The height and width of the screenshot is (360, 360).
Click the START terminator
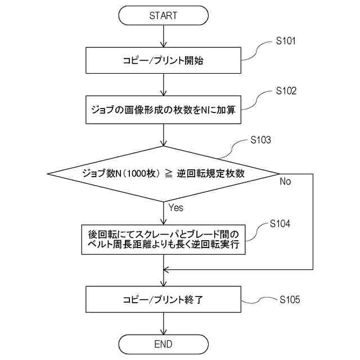tap(163, 15)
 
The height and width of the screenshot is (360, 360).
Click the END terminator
tap(163, 344)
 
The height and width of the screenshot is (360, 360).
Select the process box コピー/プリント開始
tap(163, 61)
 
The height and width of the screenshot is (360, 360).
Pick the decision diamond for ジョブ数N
tap(163, 173)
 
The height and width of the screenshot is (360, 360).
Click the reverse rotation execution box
tap(163, 239)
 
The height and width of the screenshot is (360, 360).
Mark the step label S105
tap(290, 299)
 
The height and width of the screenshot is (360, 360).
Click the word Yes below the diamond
tap(175, 208)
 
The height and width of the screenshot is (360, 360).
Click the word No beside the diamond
tap(285, 182)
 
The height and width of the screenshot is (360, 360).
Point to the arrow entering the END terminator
tap(163, 324)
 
